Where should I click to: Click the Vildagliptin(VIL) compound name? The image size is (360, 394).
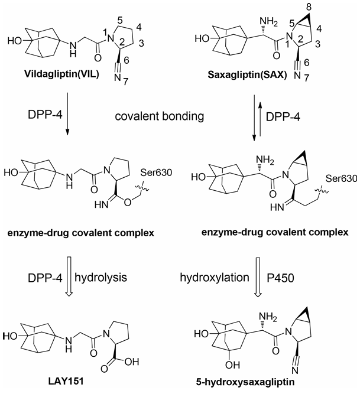click(61, 74)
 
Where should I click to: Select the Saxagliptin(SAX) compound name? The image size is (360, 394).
click(247, 75)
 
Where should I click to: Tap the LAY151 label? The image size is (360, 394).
click(66, 382)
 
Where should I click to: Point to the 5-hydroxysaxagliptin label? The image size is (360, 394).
click(245, 382)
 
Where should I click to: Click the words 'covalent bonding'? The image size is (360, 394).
click(160, 116)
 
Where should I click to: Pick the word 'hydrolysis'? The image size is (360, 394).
click(101, 278)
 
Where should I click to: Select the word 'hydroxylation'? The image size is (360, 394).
click(215, 278)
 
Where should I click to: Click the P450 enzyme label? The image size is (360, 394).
click(280, 278)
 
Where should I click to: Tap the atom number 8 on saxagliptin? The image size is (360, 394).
click(309, 7)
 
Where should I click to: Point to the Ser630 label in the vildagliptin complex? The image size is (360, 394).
click(156, 172)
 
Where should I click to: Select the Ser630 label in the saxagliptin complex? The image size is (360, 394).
click(341, 178)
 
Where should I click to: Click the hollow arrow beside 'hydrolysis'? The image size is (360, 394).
click(69, 276)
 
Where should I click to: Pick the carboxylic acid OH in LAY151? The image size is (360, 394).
click(131, 362)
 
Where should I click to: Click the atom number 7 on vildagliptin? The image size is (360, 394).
click(126, 82)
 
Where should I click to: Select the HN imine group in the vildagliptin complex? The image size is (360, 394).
click(101, 205)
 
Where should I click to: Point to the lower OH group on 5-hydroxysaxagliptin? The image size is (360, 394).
click(232, 364)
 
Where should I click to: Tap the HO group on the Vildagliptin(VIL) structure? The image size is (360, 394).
click(15, 41)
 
